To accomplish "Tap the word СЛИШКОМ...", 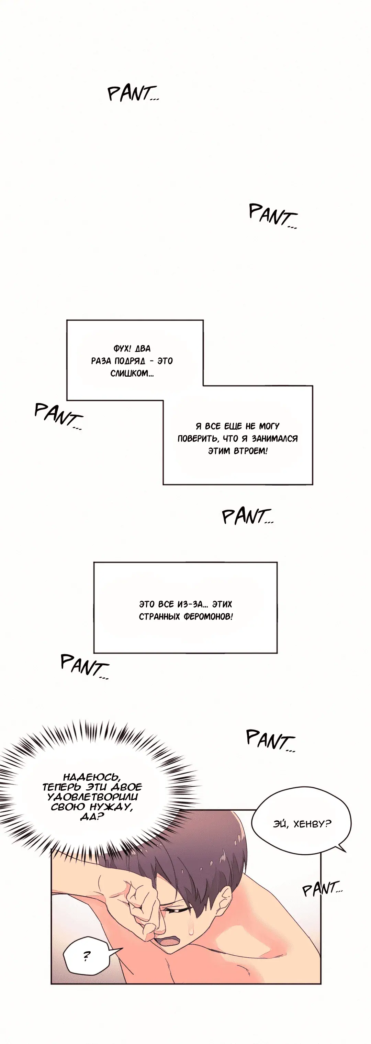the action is [x=132, y=373].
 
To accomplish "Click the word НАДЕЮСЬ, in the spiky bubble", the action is [x=91, y=777].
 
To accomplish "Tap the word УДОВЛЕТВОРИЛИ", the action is [x=93, y=797].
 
